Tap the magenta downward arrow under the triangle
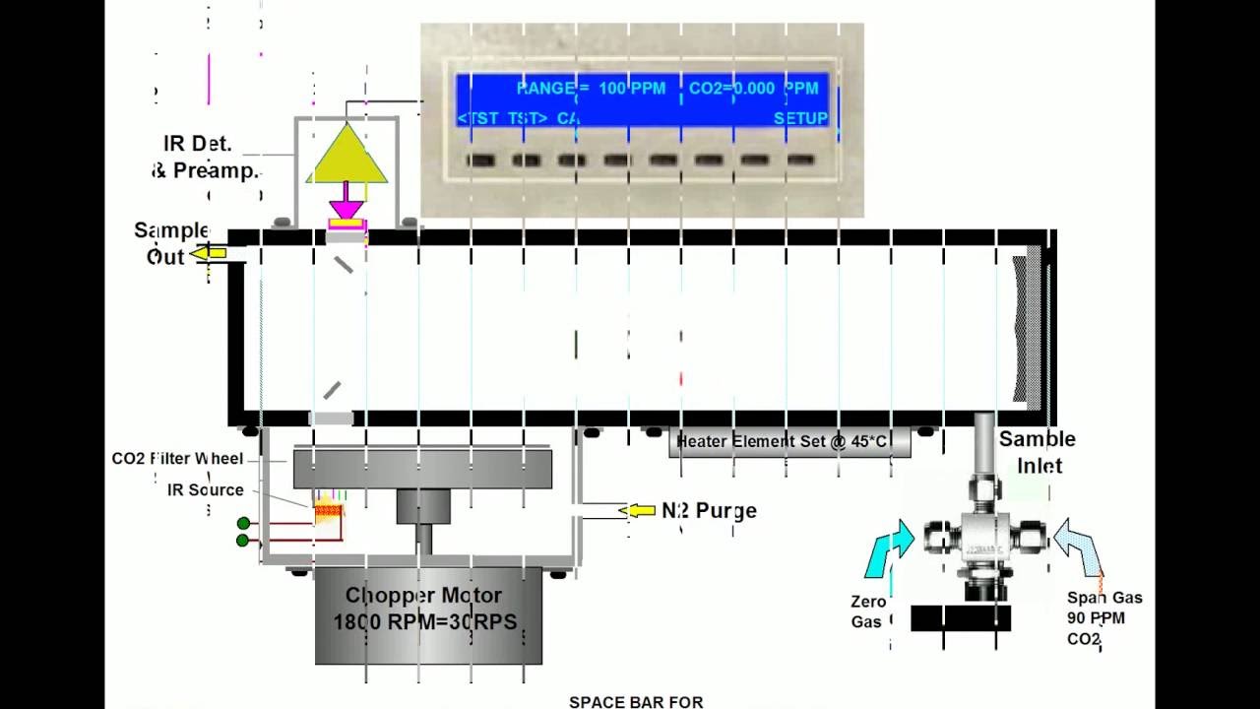pyautogui.click(x=346, y=205)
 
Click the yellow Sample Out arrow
pyautogui.click(x=209, y=254)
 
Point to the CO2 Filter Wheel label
pyautogui.click(x=177, y=459)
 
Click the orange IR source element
pyautogui.click(x=328, y=512)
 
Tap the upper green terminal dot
pyautogui.click(x=243, y=523)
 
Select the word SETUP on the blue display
pyautogui.click(x=799, y=118)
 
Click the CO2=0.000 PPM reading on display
pyautogui.click(x=753, y=89)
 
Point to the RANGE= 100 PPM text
pyautogui.click(x=591, y=89)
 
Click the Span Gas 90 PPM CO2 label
pyautogui.click(x=1102, y=618)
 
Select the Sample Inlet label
pyautogui.click(x=1038, y=452)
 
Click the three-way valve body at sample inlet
pyautogui.click(x=985, y=542)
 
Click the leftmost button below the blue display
pyautogui.click(x=480, y=160)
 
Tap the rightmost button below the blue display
pyautogui.click(x=800, y=160)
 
